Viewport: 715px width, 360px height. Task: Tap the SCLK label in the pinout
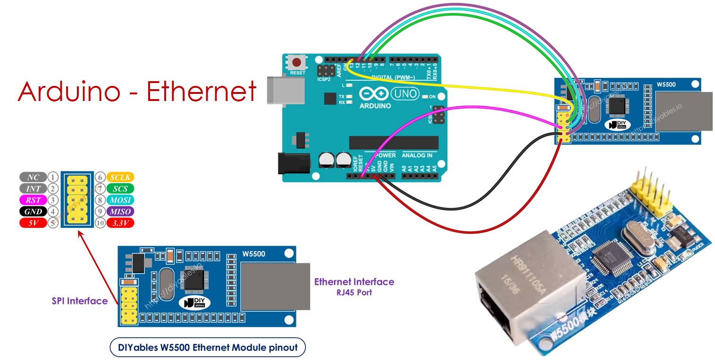[x=120, y=177]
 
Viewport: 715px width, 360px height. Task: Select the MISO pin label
[x=120, y=211]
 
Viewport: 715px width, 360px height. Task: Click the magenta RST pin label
[x=33, y=200]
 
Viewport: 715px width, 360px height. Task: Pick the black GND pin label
[x=33, y=211]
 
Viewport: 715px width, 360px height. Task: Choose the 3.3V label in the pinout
[x=120, y=223]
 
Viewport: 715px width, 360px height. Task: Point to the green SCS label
[x=120, y=189]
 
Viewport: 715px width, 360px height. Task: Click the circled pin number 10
[x=100, y=223]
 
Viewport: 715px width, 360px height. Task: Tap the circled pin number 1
[x=53, y=177]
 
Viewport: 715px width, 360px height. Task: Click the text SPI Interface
[x=79, y=301]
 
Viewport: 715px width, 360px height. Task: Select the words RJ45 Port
[x=354, y=293]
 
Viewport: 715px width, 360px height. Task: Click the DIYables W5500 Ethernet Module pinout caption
[x=208, y=348]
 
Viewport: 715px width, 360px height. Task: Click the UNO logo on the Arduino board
[x=406, y=93]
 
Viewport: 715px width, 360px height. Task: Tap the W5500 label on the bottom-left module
[x=253, y=254]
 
